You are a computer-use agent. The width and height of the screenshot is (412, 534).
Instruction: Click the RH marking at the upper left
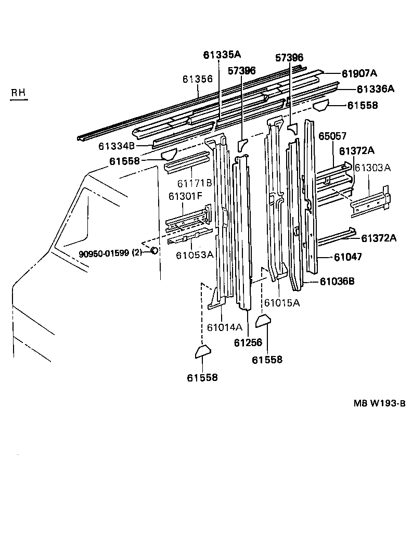(x=19, y=93)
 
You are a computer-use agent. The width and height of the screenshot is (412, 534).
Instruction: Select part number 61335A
(x=222, y=54)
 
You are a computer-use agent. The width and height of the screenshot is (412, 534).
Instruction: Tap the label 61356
(x=198, y=79)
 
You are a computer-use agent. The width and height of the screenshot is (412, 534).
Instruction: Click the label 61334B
(x=118, y=147)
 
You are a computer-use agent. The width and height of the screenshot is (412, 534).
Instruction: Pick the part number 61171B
(x=194, y=183)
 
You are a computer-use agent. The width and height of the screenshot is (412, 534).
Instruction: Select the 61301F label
(x=185, y=196)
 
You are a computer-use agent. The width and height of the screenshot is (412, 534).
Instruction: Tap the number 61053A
(x=194, y=255)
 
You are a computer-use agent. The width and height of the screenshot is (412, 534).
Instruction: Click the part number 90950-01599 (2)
(x=110, y=253)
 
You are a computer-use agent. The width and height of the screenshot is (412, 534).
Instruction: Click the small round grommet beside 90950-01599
(x=154, y=251)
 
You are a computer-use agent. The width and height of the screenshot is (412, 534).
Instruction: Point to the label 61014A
(x=224, y=327)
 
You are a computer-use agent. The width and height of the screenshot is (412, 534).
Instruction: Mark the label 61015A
(x=281, y=302)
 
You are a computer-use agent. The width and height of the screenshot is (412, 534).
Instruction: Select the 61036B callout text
(x=337, y=281)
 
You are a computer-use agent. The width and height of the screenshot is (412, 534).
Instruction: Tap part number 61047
(x=348, y=257)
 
